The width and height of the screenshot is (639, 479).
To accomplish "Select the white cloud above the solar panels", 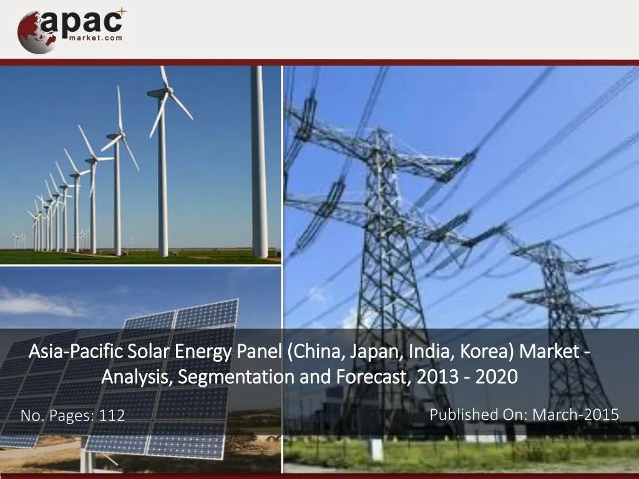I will pyautogui.click(x=37, y=302).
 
